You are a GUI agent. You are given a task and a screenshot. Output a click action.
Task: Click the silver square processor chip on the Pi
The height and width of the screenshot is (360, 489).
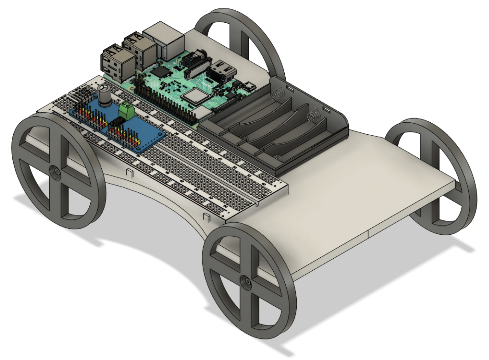click(194, 97)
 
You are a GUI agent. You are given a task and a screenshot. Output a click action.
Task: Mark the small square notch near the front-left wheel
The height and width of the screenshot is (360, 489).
click(130, 173)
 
